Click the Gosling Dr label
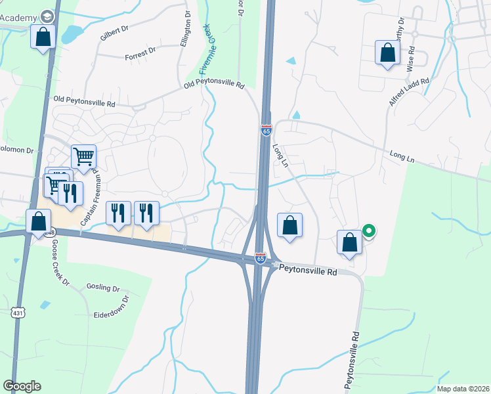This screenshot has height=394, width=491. (x=103, y=288)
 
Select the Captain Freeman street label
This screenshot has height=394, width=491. (x=89, y=197)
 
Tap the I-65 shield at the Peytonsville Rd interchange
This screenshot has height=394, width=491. (x=261, y=258)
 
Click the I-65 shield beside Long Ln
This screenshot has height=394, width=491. (x=266, y=130)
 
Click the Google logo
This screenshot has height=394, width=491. (x=22, y=385)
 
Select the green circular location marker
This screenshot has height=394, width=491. (x=369, y=231)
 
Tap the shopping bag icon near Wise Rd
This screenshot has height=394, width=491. (x=387, y=54)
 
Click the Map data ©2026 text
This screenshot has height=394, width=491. (x=463, y=389)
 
